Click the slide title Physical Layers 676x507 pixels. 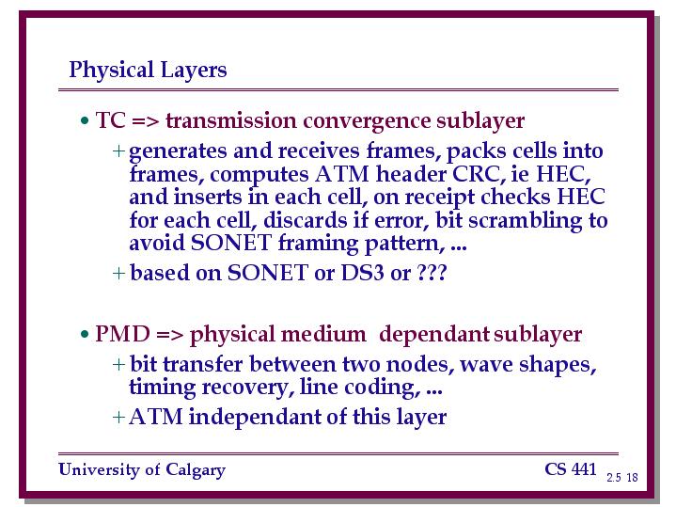pyautogui.click(x=148, y=71)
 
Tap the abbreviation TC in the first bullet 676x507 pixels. pyautogui.click(x=110, y=120)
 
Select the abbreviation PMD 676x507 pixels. pyautogui.click(x=122, y=334)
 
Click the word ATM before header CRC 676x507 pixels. pyautogui.click(x=342, y=174)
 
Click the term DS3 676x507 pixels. pyautogui.click(x=362, y=273)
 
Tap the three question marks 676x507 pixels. pyautogui.click(x=432, y=273)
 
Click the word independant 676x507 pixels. pyautogui.click(x=255, y=417)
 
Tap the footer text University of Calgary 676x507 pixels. pyautogui.click(x=142, y=470)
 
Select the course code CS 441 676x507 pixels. pyautogui.click(x=571, y=469)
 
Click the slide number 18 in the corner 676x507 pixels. pyautogui.click(x=632, y=477)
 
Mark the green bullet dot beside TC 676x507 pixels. pyautogui.click(x=85, y=120)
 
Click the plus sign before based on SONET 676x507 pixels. pyautogui.click(x=118, y=273)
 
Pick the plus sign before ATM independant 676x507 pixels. pyautogui.click(x=118, y=418)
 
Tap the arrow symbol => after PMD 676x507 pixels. pyautogui.click(x=170, y=335)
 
